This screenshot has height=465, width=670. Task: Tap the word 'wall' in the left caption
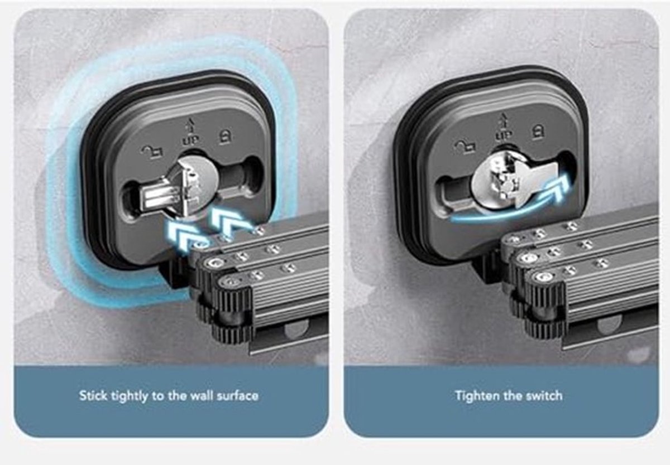[202, 396]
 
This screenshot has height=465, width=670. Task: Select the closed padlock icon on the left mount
[224, 137]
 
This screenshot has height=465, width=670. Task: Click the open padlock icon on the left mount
[152, 153]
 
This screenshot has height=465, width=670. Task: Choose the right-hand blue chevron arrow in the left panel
[229, 220]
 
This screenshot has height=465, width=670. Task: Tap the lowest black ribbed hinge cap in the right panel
[544, 327]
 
